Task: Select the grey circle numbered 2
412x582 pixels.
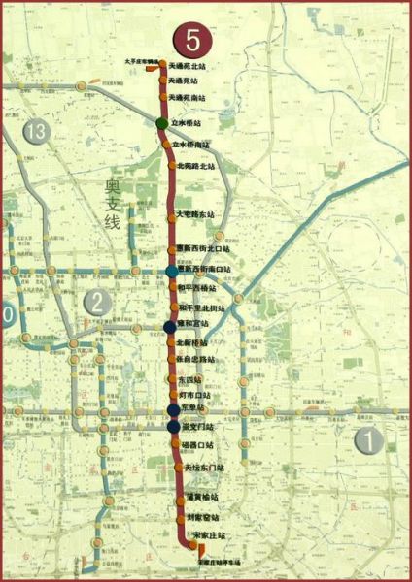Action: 95,303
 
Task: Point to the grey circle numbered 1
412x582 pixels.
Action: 368,441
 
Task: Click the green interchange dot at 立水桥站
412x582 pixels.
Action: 163,124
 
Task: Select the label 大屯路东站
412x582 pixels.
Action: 195,213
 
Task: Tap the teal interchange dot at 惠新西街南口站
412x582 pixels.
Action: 172,270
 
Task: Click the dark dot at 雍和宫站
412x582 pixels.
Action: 169,327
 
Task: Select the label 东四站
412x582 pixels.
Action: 189,379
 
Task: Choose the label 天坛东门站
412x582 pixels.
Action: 203,468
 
